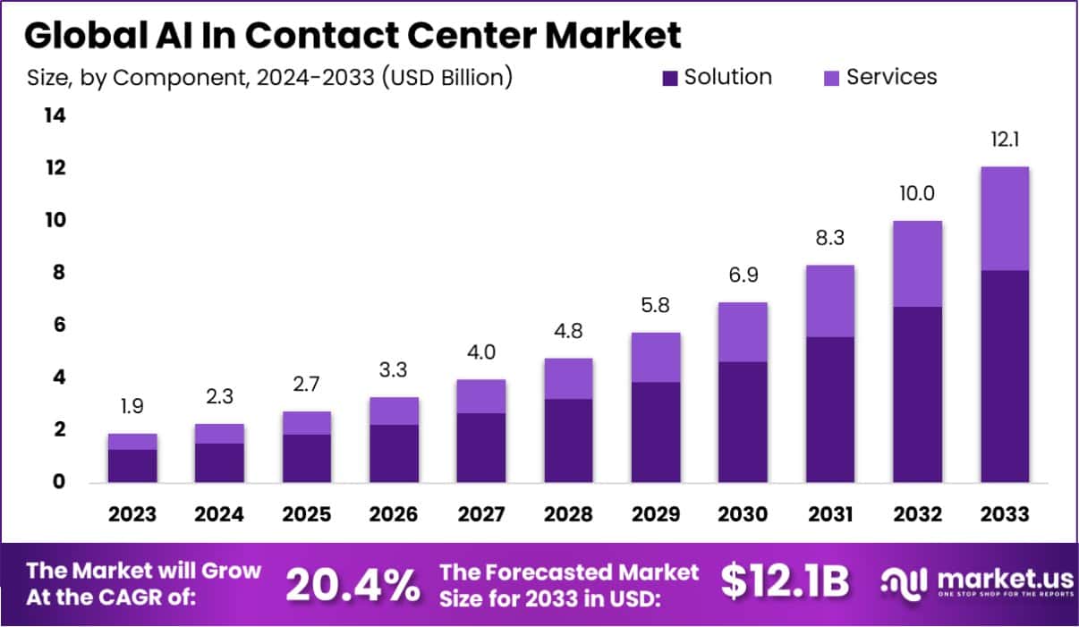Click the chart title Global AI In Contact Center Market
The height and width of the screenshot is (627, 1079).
tap(353, 35)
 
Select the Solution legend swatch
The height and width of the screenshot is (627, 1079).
tap(670, 79)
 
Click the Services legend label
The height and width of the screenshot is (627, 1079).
tap(891, 78)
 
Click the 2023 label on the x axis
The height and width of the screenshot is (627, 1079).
tap(132, 514)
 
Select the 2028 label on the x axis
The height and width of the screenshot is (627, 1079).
tap(568, 514)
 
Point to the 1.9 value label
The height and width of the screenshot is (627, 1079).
tap(132, 406)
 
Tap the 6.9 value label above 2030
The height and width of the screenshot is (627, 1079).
tap(743, 275)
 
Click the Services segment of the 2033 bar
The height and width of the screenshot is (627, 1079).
tap(1004, 218)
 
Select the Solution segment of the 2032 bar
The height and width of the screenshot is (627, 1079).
tap(917, 394)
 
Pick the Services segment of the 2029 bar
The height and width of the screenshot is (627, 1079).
tap(655, 357)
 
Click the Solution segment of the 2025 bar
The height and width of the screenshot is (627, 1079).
tap(307, 458)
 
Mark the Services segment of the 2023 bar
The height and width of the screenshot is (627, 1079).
tap(132, 441)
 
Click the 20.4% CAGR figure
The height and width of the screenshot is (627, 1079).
tap(353, 585)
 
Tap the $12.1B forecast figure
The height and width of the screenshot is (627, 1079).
tap(784, 583)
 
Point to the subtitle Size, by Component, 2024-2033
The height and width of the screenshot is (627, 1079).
tap(269, 78)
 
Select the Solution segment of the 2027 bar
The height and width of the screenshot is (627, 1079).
tap(481, 447)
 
